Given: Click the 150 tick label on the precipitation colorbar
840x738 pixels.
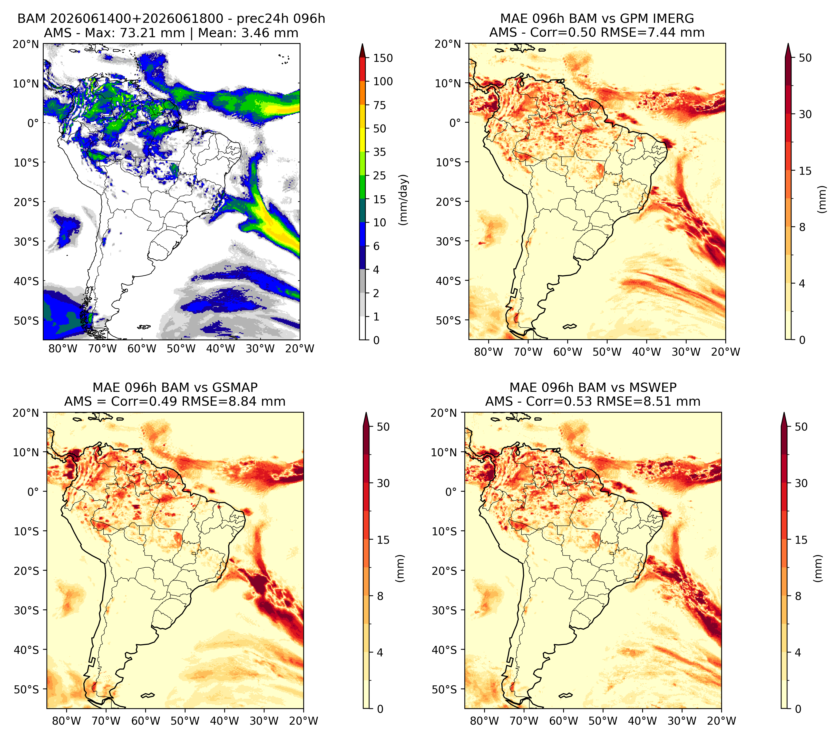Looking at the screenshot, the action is click(383, 58).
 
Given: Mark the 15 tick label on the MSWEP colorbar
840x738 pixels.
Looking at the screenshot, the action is click(801, 540).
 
